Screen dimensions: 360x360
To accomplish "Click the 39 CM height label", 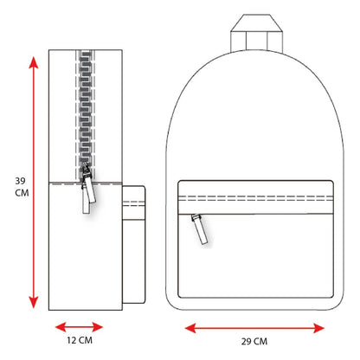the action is click(22, 187).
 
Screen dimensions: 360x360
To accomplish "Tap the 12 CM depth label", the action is click(80, 340).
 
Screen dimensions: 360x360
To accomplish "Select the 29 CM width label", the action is click(254, 342).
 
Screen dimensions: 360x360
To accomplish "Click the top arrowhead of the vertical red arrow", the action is click(34, 61).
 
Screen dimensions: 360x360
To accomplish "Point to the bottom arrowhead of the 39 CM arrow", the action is click(34, 302).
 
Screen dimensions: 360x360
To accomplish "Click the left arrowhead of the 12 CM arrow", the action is click(61, 327).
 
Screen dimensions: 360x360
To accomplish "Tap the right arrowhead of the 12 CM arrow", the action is click(98, 327).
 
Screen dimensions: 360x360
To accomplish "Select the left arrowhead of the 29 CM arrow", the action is click(190, 328).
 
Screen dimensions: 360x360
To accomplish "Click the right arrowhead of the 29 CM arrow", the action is click(319, 328).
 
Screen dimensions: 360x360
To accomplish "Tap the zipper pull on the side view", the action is click(87, 188).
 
